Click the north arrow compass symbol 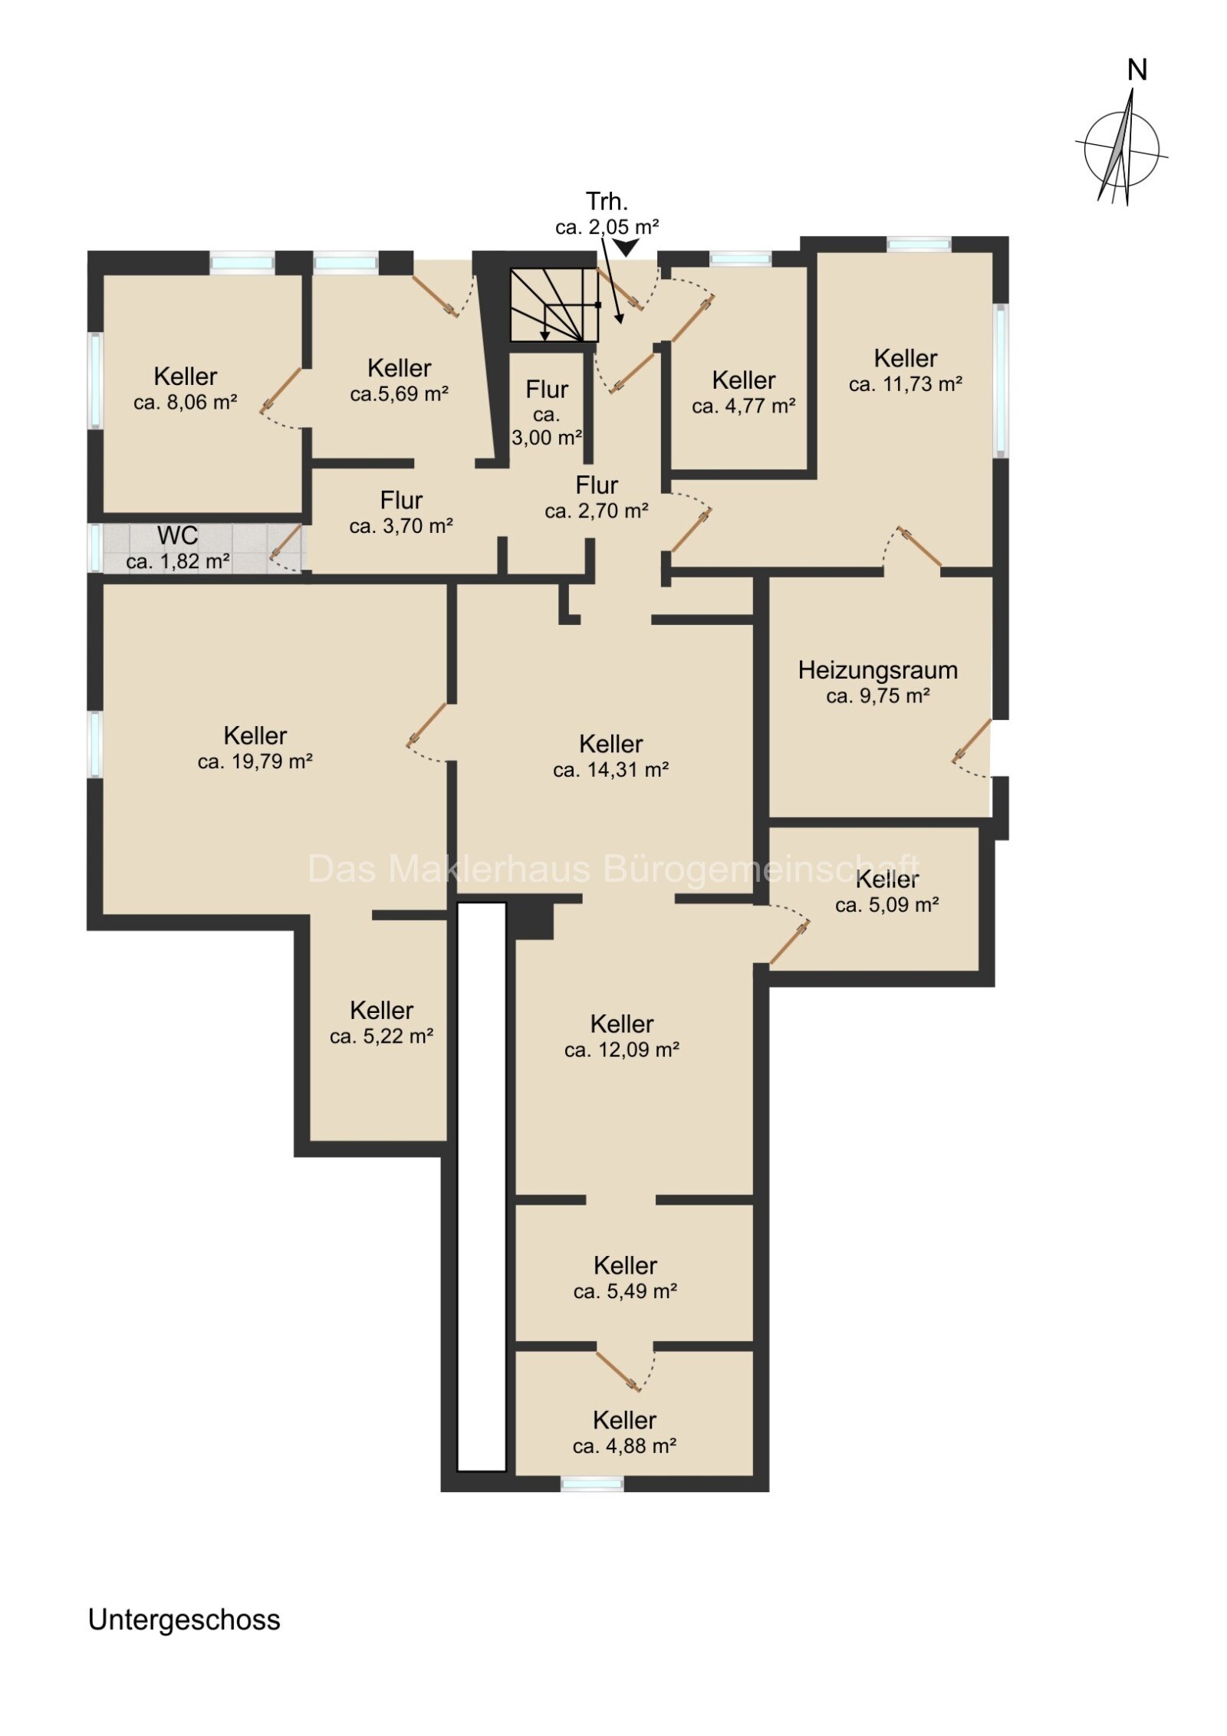tap(1121, 149)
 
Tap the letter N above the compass tap(1137, 70)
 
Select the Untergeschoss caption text tap(184, 1619)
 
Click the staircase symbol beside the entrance tap(554, 304)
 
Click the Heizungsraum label tap(877, 670)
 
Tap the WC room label tap(177, 535)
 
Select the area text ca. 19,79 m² tap(255, 761)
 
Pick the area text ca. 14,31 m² tap(610, 770)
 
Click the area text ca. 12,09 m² tap(622, 1050)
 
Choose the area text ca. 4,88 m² tap(624, 1446)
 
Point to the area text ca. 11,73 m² tap(905, 384)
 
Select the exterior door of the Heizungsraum tap(972, 741)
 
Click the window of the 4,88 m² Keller tap(592, 1484)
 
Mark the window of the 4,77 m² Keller tap(740, 259)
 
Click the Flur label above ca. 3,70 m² tap(401, 501)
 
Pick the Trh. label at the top tap(607, 202)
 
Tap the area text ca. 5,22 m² tap(381, 1037)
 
